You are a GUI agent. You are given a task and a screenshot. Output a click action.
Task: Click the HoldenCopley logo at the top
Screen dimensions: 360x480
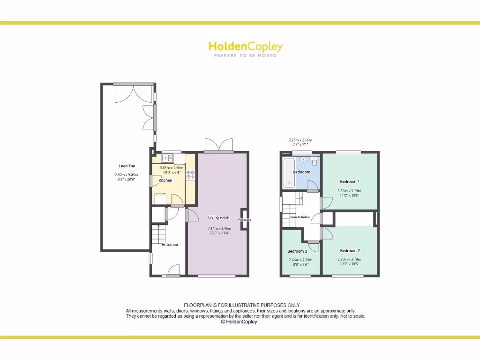coord(245,46)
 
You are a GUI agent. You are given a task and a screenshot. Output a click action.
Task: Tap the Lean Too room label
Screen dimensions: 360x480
coord(127,166)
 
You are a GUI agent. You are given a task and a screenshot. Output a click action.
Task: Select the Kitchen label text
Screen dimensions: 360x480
coord(165,180)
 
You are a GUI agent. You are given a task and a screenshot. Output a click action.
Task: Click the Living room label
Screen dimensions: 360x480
coord(218,217)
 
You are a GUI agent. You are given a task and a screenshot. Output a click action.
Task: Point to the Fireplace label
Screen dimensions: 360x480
coord(245,219)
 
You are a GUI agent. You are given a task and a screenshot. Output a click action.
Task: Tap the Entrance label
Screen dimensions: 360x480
coord(170,244)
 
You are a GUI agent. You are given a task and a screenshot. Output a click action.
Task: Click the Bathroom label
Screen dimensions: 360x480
coord(301,172)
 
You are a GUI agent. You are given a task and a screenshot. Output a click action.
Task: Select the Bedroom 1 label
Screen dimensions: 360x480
coord(349,181)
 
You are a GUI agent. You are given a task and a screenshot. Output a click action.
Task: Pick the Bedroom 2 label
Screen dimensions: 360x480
coord(350,251)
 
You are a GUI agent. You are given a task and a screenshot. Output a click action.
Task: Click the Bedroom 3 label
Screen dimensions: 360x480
coord(297,251)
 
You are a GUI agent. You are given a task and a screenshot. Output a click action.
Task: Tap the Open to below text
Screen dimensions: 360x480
coord(299,217)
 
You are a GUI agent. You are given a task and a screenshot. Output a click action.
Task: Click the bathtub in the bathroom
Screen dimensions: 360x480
coord(288,172)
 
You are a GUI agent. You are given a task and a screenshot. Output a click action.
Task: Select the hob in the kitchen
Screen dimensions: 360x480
coord(191,175)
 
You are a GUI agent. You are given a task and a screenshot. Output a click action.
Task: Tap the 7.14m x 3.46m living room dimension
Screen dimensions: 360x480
coord(219,228)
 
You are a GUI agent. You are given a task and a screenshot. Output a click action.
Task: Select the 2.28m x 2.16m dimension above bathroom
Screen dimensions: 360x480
coord(300,140)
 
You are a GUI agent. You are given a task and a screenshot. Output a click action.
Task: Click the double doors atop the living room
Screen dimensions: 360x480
coord(219,145)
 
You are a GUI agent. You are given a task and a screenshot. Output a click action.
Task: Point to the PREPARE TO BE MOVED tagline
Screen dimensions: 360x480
coord(245,55)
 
